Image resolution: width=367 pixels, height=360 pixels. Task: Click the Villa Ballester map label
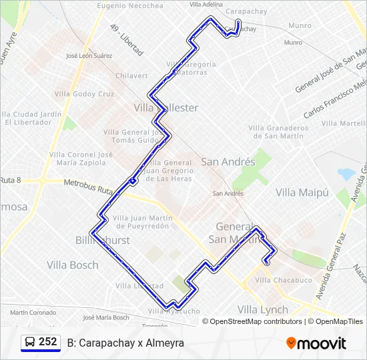166,107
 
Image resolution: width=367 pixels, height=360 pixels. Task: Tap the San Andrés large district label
228,162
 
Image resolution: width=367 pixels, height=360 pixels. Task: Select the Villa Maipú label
303,192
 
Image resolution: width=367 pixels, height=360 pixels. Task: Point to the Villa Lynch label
263,309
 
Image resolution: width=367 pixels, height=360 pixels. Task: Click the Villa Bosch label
73,265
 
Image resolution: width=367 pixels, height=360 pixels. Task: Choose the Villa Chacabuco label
284,280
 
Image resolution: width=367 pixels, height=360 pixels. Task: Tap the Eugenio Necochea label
130,6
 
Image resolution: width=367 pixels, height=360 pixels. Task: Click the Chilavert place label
131,76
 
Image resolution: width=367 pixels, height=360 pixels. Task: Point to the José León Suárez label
89,57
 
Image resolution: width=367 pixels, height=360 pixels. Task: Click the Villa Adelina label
206,4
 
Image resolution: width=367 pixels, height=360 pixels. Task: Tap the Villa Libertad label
139,285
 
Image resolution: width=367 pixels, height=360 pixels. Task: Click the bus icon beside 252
29,342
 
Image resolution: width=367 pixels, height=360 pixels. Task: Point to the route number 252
47,342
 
